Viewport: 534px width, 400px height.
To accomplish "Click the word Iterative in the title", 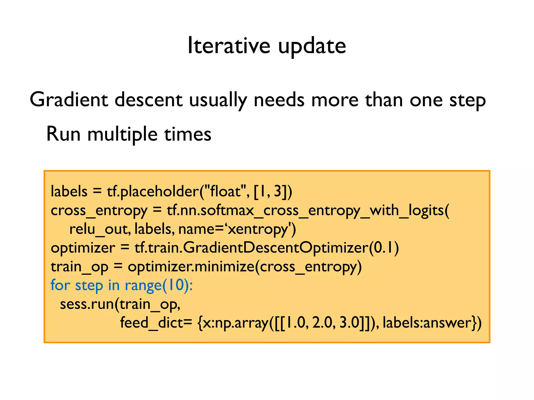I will tap(229, 46).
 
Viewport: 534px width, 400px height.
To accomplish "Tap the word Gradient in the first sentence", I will tap(69, 100).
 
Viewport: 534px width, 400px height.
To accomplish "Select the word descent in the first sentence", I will tap(148, 100).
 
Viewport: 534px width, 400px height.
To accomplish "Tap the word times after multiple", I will tap(188, 134).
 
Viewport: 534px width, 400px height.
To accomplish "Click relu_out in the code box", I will tap(99, 229).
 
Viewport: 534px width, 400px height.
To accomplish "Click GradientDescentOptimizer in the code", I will tap(276, 248).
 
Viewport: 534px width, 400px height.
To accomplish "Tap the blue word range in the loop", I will tap(143, 285).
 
